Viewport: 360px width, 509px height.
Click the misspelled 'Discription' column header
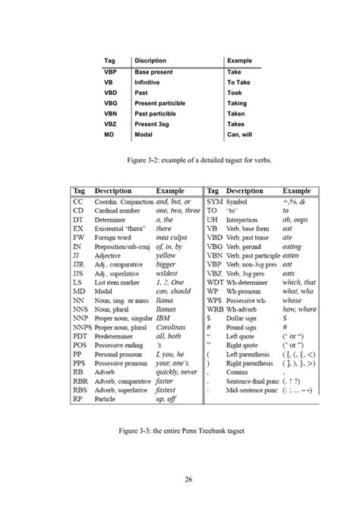pos(155,59)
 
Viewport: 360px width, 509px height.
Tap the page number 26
pos(180,477)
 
